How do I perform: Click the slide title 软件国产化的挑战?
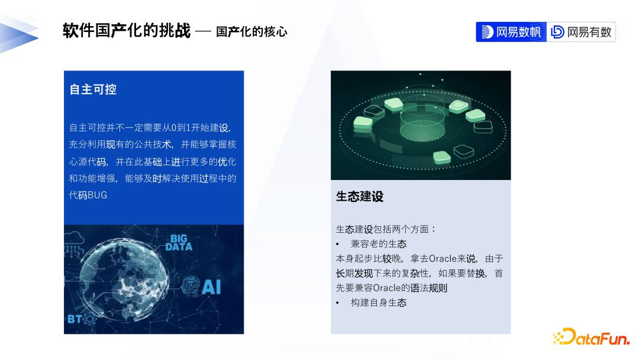pyautogui.click(x=127, y=31)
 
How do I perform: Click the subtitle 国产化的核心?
pyautogui.click(x=251, y=32)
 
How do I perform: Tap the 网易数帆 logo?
pyautogui.click(x=511, y=32)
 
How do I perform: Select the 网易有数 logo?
pyautogui.click(x=581, y=32)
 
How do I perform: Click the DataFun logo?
pyautogui.click(x=591, y=337)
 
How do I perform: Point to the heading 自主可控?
pyautogui.click(x=93, y=89)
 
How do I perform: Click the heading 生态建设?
pyautogui.click(x=360, y=197)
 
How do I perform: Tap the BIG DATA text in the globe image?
pyautogui.click(x=179, y=243)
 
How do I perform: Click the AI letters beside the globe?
pyautogui.click(x=211, y=287)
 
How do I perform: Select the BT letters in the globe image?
pyautogui.click(x=75, y=319)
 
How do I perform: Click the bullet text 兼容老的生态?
pyautogui.click(x=379, y=244)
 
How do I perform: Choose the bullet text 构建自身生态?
pyautogui.click(x=379, y=303)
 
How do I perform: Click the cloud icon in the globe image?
pyautogui.click(x=73, y=237)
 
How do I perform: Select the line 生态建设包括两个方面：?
pyautogui.click(x=386, y=229)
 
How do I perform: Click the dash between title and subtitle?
pyautogui.click(x=203, y=32)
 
